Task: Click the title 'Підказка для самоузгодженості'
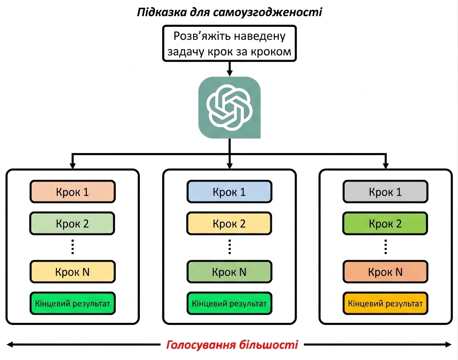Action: pos(229,12)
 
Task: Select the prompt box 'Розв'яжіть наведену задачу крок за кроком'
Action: pos(229,43)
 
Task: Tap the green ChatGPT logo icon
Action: pos(229,107)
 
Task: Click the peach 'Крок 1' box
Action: pos(72,192)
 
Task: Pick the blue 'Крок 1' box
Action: pos(229,192)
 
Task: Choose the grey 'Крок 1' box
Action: pos(385,192)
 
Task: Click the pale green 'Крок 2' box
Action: pos(72,223)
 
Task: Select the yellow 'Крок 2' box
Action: pos(229,223)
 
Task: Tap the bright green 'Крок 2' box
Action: pos(385,223)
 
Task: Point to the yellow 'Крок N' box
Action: pos(72,272)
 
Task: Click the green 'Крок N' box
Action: pos(229,272)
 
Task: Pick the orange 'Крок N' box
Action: pos(385,272)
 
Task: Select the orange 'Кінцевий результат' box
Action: pos(385,304)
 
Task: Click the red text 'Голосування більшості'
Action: pos(232,345)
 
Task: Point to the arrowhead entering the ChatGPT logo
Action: pos(230,73)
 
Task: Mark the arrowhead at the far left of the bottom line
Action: pos(10,345)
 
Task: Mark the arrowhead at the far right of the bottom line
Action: pos(448,345)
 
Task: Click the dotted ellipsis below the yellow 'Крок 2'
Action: pos(230,247)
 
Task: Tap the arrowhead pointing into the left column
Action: pos(72,165)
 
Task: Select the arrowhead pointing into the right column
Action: pos(386,165)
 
